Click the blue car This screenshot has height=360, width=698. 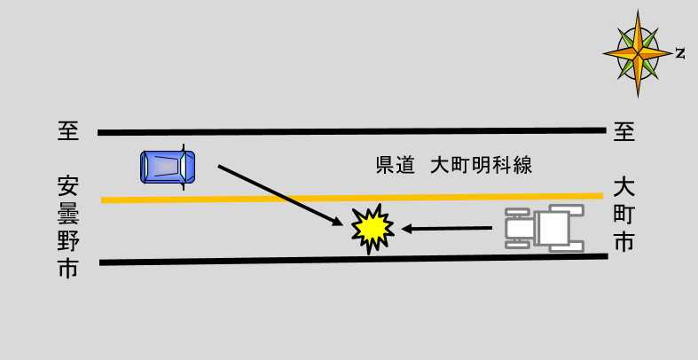[x=168, y=166]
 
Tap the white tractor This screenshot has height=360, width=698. [x=545, y=228]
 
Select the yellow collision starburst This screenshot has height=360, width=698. [x=372, y=229]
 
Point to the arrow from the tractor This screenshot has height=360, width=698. [x=447, y=229]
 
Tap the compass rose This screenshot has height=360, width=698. [x=637, y=52]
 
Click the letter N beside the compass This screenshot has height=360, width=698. [x=680, y=53]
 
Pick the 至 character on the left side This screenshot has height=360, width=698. [x=68, y=132]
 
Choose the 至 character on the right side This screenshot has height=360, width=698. [x=623, y=132]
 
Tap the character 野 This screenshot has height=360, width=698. [x=68, y=241]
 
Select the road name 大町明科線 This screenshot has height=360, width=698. [x=481, y=166]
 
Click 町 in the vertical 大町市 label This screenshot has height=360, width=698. [x=623, y=214]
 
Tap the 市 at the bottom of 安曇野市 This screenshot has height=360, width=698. [x=68, y=269]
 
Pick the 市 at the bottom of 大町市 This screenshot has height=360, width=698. [x=623, y=241]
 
